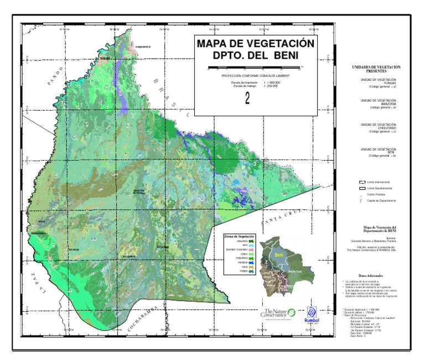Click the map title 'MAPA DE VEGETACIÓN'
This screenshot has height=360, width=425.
255,44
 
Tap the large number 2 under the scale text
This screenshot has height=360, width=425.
248,97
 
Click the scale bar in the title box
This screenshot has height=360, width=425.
255,68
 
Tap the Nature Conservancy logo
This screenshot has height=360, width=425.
279,314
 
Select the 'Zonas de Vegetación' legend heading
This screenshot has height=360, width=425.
239,236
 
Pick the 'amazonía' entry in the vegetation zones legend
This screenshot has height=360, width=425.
241,241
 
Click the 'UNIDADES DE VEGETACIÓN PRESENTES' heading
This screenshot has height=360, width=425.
376,69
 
